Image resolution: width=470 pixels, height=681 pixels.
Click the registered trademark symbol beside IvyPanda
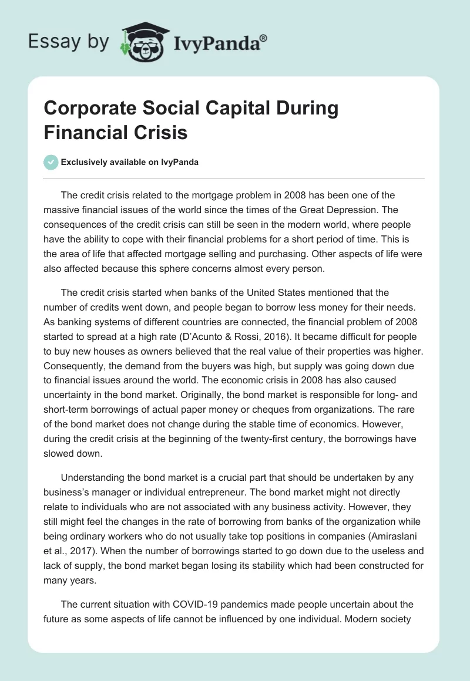[264, 38]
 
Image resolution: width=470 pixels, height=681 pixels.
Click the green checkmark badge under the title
[51, 162]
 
